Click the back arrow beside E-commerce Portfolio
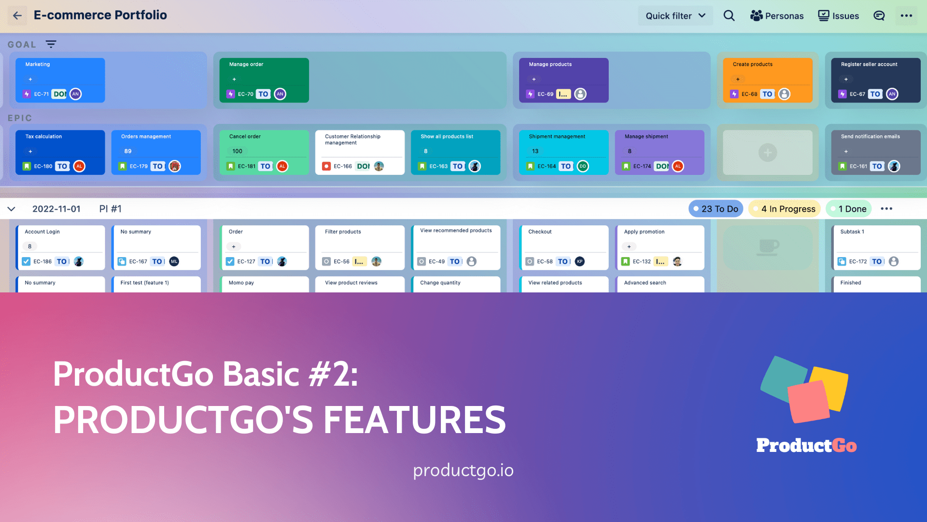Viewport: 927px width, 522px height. coord(17,15)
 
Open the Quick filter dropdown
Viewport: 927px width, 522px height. coord(675,16)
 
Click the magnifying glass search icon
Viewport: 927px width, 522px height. coord(729,16)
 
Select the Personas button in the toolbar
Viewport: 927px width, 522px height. coord(777,16)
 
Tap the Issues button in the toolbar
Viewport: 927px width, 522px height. coord(839,16)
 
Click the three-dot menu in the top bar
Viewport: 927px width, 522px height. coord(906,16)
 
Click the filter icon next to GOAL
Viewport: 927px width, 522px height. coord(51,44)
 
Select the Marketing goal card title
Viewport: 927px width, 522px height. coord(38,64)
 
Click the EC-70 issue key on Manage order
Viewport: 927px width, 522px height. coord(245,94)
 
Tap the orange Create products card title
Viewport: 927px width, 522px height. coord(752,64)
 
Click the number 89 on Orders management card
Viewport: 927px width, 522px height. coord(128,151)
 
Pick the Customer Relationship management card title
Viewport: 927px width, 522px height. coord(352,139)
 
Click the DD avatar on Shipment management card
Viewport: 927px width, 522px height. coord(583,166)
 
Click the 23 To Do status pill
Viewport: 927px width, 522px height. coord(716,209)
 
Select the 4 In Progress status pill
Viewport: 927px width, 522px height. coord(784,209)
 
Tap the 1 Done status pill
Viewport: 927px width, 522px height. coord(848,209)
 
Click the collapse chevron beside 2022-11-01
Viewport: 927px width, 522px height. coord(12,209)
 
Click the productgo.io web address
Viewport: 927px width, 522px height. coord(463,470)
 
